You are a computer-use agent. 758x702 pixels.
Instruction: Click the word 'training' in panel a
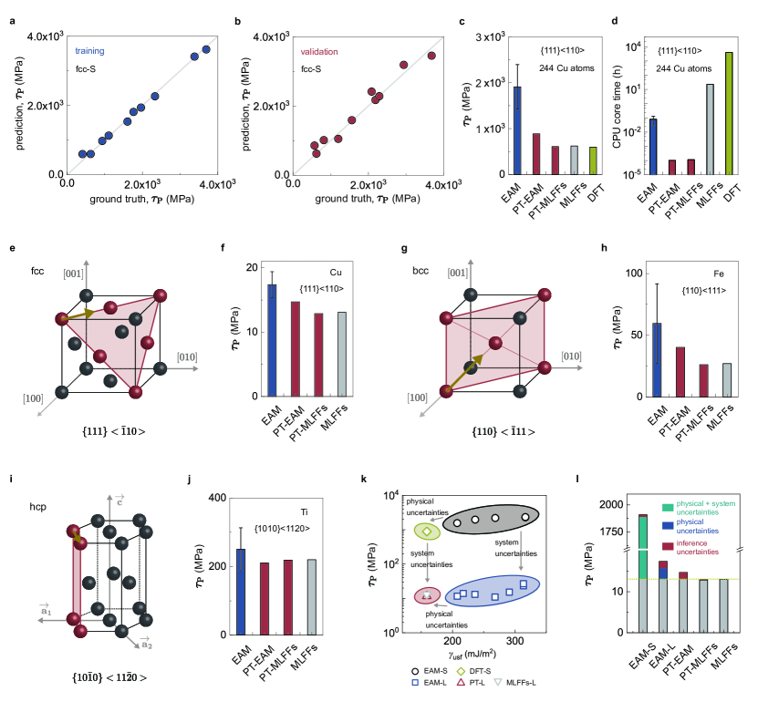point(89,51)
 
